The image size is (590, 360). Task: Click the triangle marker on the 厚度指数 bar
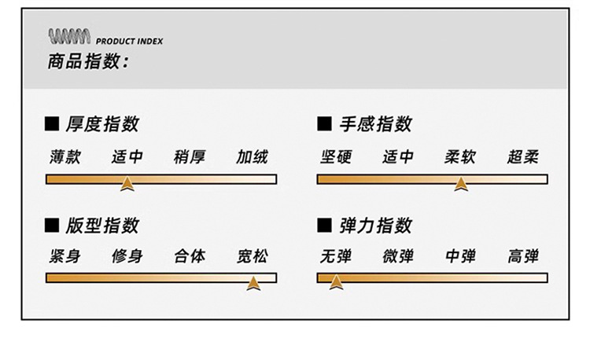pos(127,184)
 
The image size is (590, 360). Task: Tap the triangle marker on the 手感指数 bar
pos(460,184)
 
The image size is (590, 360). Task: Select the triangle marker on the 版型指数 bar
pos(253,283)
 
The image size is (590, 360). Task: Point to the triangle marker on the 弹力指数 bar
pos(336,282)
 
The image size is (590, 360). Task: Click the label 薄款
pos(64,156)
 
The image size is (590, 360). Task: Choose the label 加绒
pos(252,156)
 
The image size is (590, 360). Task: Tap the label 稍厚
pos(190,156)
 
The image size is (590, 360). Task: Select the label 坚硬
pos(336,156)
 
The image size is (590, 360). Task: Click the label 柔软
pos(460,156)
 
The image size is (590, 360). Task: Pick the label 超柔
pos(523,156)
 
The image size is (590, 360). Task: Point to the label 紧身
pos(64,256)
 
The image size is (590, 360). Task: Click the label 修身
pos(127,256)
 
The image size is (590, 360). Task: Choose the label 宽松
pos(252,256)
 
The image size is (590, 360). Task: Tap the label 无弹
pos(336,256)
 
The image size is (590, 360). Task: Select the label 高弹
pos(523,256)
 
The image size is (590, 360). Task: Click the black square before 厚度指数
pos(53,124)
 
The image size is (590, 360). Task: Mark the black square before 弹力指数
pos(323,226)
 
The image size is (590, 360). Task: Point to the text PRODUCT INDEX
pos(129,41)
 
